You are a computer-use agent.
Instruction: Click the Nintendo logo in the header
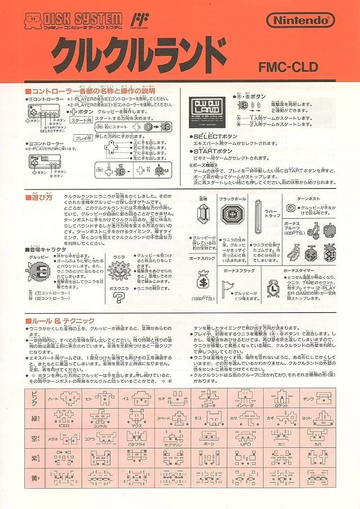tap(300, 20)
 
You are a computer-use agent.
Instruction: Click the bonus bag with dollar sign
tap(202, 282)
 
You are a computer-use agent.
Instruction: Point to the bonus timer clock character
tap(272, 288)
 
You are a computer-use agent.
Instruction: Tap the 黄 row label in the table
tap(34, 478)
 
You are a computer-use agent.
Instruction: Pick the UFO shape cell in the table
tap(245, 438)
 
